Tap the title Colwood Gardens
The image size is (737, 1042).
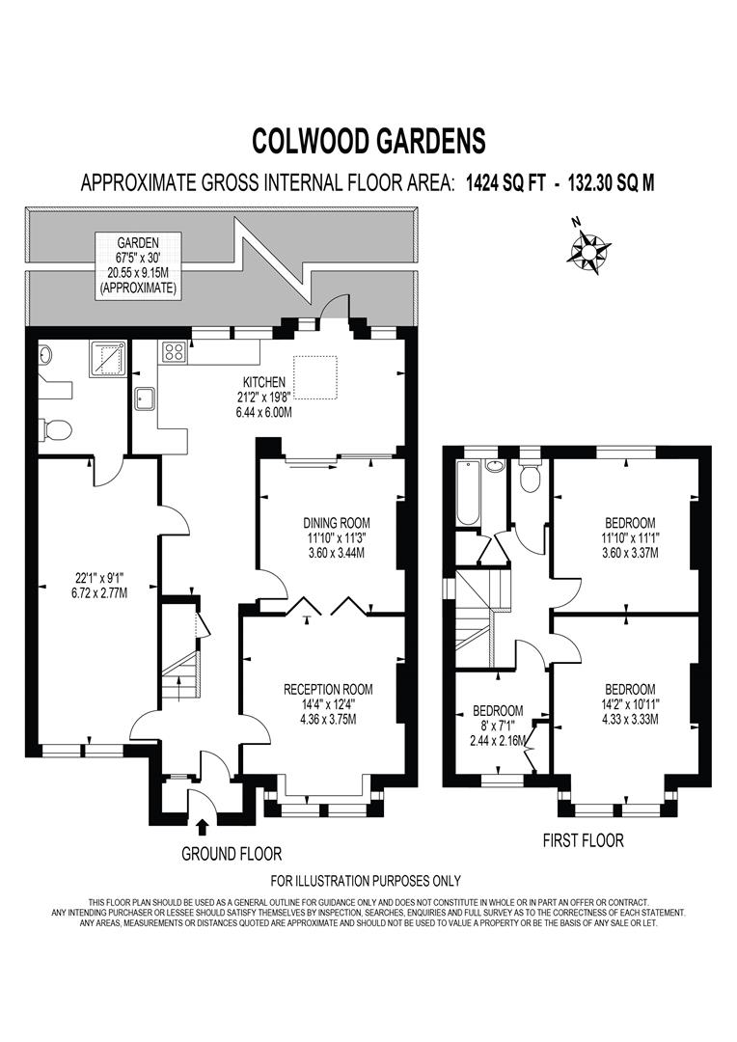pos(368,141)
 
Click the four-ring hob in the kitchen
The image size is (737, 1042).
pos(176,351)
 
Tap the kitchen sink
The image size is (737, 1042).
pos(146,397)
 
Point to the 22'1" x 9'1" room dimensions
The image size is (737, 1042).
pos(87,585)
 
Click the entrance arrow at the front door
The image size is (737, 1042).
pos(202,826)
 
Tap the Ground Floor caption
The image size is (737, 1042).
pos(232,854)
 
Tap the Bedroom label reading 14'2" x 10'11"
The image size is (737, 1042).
pos(630,703)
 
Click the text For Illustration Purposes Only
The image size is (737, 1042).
pos(366,880)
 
